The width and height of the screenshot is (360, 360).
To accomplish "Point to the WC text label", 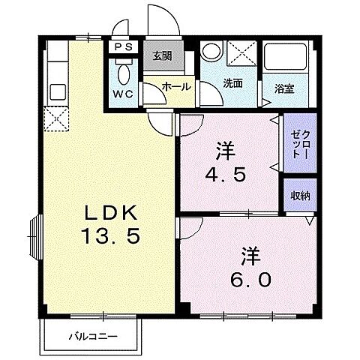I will (122, 95).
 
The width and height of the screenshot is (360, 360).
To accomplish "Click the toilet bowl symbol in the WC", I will (122, 72).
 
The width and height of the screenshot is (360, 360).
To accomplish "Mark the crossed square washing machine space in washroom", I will (239, 54).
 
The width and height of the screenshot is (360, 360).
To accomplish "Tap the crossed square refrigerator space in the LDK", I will (57, 118).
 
